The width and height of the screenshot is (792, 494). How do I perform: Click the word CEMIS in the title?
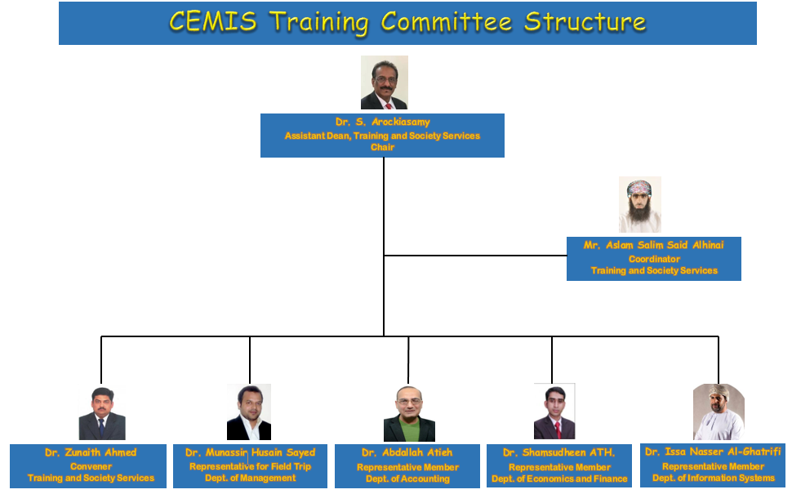212,22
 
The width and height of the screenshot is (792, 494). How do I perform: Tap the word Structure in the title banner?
585,22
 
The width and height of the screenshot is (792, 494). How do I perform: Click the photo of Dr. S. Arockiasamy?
384,82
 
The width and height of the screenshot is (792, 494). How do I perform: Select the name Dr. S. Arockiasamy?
382,122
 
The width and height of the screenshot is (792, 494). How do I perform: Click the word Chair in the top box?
382,148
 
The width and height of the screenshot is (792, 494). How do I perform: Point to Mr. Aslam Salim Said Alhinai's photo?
640,205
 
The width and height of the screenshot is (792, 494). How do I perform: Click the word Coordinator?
654,259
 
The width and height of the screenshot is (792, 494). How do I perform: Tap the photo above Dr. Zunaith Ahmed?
102,413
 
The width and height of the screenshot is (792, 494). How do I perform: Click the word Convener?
91,466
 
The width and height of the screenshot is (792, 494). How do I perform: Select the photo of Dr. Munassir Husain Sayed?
249,412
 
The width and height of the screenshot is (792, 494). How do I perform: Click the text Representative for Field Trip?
250,466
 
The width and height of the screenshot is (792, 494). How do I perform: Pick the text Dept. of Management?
250,478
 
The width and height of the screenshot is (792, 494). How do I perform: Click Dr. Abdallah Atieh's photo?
409,414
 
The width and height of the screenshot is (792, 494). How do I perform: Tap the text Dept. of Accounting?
407,478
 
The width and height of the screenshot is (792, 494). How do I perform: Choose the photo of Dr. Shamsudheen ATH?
554,412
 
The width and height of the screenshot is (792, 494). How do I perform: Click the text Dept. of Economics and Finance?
559,478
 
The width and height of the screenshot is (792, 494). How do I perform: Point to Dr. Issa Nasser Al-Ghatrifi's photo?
719,412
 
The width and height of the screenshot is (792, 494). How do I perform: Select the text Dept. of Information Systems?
713,478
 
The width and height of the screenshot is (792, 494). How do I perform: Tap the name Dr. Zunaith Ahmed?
91,452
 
